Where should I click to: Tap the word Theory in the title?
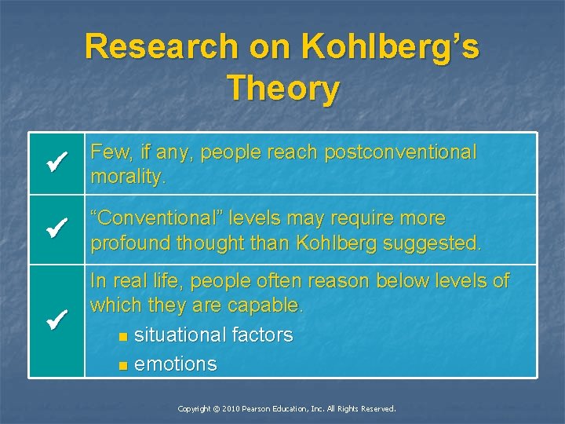(x=282, y=88)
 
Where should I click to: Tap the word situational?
(x=180, y=335)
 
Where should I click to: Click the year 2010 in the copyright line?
(x=231, y=409)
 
